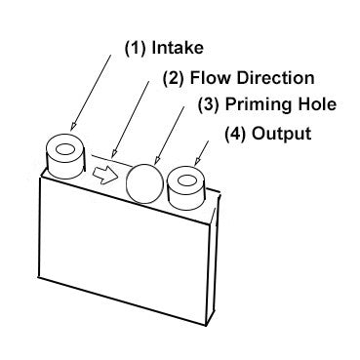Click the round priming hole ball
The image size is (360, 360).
[x=144, y=180]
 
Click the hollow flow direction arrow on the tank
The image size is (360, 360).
[x=104, y=174]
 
